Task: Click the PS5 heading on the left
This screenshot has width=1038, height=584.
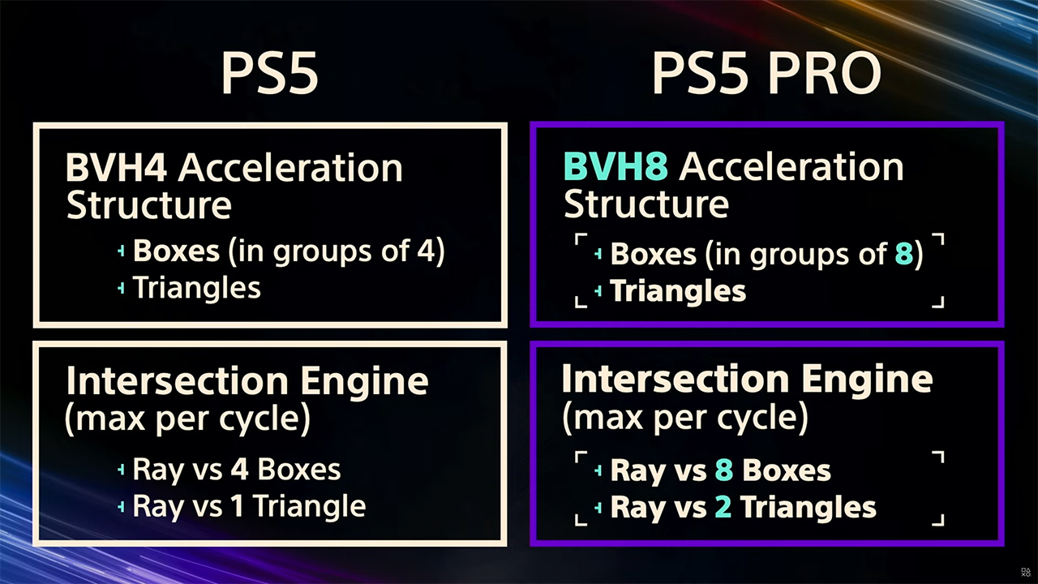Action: click(x=270, y=73)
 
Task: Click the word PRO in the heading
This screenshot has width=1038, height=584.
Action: click(x=825, y=73)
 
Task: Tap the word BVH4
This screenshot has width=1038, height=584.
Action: click(x=116, y=168)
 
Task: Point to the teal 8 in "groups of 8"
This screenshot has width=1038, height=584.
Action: click(x=903, y=254)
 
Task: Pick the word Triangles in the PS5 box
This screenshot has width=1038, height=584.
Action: click(x=197, y=288)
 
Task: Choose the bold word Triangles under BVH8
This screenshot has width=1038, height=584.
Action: click(x=678, y=291)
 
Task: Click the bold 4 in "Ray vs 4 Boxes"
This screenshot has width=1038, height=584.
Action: click(x=239, y=469)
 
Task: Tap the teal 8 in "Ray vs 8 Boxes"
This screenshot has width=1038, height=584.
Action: click(x=724, y=470)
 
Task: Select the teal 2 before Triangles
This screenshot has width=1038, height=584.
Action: click(x=723, y=508)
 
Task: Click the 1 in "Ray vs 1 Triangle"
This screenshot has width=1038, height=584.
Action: click(x=238, y=505)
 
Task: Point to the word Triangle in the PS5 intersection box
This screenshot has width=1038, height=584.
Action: click(x=310, y=506)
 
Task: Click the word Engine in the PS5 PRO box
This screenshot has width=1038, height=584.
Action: click(x=867, y=380)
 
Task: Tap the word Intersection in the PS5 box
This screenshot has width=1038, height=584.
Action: click(x=178, y=381)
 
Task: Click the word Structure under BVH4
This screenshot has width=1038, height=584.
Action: click(x=148, y=205)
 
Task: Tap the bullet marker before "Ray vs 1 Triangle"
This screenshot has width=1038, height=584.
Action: click(x=122, y=507)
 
